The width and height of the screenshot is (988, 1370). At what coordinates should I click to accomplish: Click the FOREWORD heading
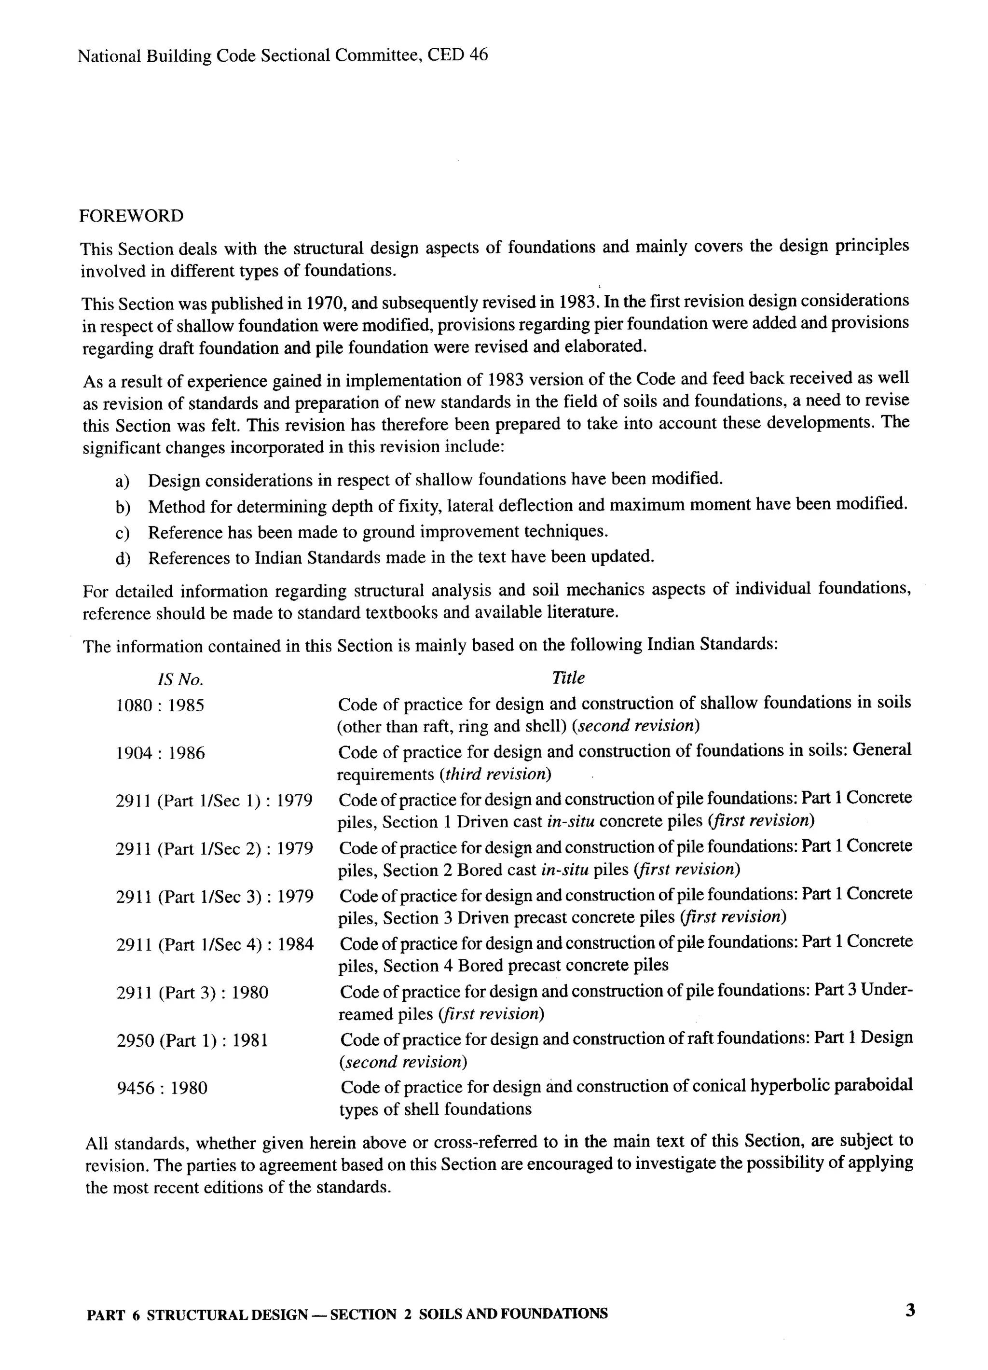131,216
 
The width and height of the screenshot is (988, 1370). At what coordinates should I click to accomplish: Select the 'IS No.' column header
180,680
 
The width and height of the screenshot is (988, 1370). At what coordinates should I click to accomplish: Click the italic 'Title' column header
568,678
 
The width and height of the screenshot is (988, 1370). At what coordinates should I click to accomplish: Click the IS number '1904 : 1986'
160,753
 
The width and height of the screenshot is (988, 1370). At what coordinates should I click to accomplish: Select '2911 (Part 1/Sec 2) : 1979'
214,849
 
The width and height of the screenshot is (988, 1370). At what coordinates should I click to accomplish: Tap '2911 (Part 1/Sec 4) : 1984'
214,945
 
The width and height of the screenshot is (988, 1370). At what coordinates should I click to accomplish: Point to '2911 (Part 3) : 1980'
192,993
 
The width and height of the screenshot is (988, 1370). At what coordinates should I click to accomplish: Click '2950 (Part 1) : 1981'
192,1040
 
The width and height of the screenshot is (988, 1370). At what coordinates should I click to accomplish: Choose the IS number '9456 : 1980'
161,1089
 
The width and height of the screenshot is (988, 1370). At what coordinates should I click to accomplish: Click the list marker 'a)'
123,482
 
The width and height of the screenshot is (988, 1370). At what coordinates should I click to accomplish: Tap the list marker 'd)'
123,558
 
